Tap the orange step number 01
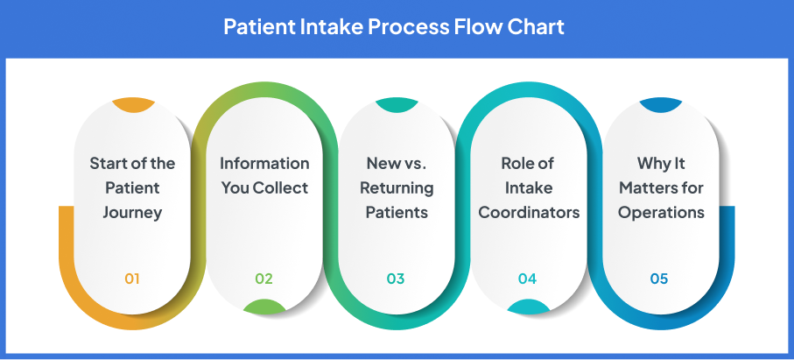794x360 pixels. (x=132, y=279)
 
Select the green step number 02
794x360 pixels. (x=263, y=279)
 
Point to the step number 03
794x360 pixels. (x=396, y=279)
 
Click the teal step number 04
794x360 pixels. (x=527, y=279)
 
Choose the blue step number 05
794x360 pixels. (x=659, y=279)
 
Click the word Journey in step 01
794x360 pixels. (x=132, y=212)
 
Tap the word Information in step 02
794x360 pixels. (x=264, y=164)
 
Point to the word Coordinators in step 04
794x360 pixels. (x=529, y=212)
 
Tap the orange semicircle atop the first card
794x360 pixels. (x=133, y=104)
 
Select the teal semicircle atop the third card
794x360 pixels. (x=397, y=104)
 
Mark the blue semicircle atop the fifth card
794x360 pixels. (x=660, y=104)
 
